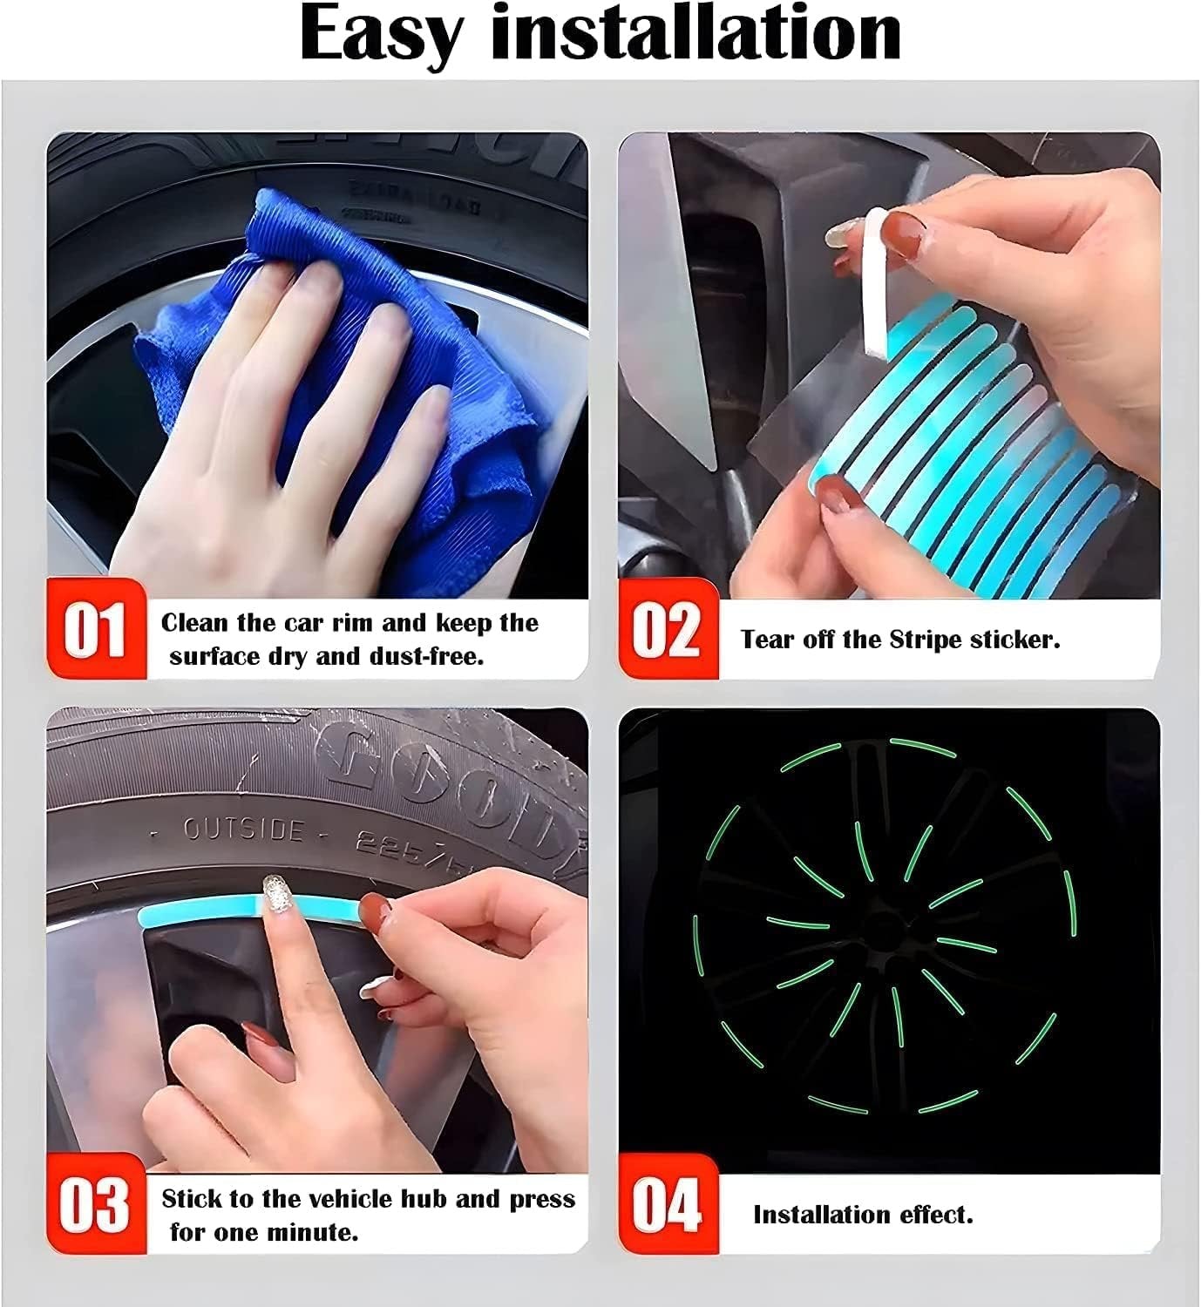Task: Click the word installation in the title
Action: [695, 35]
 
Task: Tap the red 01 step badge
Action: [96, 628]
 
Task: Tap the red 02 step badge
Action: [668, 628]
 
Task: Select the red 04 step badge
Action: [668, 1205]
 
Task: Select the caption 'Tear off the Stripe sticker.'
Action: [900, 640]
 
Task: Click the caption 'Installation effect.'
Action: [863, 1215]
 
